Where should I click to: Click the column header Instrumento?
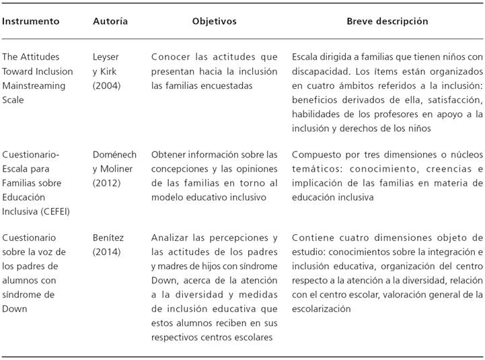point(31,22)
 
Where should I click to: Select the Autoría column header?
point(110,22)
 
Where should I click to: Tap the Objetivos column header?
point(214,22)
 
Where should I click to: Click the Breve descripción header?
point(387,22)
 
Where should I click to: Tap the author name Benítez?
point(108,238)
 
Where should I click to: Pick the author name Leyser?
point(106,57)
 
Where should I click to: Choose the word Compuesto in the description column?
point(316,155)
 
